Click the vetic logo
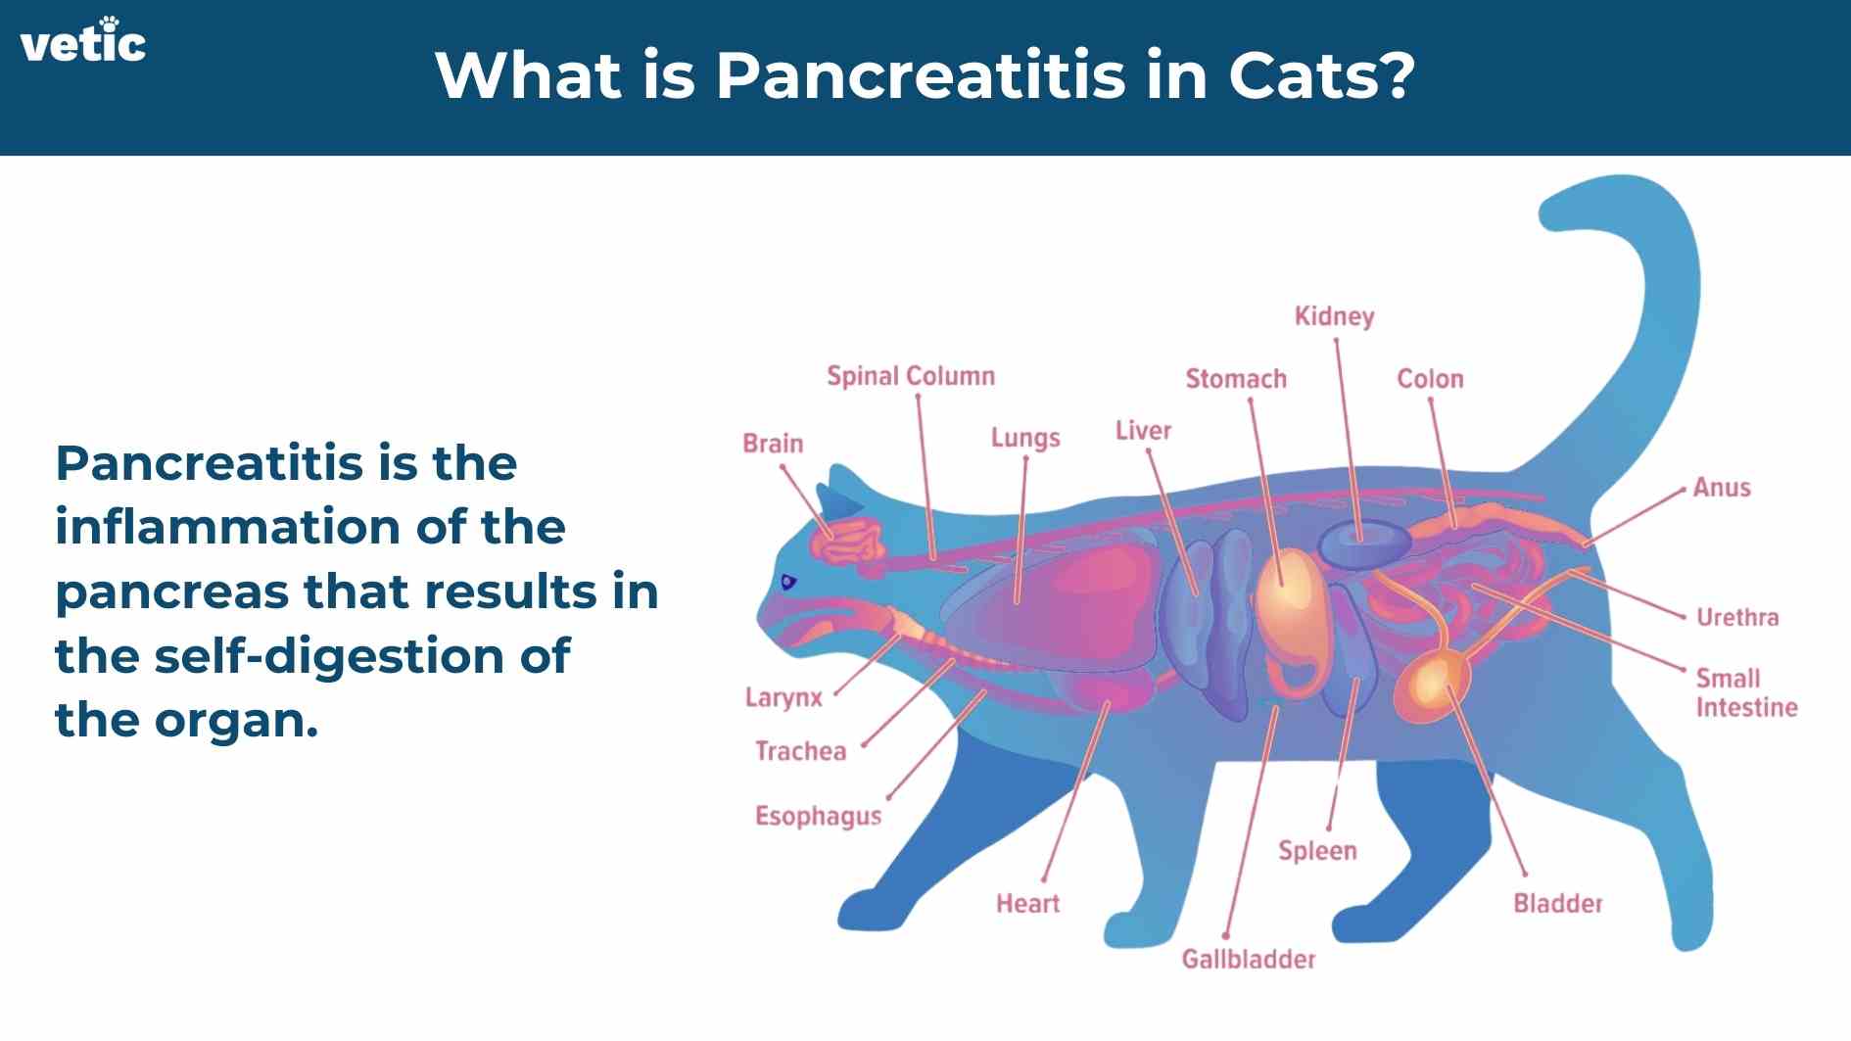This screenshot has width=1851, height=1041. (x=83, y=40)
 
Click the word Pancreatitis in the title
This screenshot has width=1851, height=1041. (x=921, y=74)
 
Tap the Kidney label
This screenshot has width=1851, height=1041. (x=1334, y=316)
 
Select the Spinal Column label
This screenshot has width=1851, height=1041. (x=911, y=376)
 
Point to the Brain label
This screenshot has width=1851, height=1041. (x=773, y=444)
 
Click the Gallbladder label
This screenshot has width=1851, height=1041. (x=1249, y=959)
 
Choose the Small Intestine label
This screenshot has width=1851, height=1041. (x=1746, y=692)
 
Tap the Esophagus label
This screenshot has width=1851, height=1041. (x=818, y=817)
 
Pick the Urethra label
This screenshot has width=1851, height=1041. (x=1737, y=617)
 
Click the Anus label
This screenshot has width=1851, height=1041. (x=1722, y=488)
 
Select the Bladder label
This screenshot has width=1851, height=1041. (x=1557, y=903)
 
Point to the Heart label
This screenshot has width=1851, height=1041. (x=1027, y=903)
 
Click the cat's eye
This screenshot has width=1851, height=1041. (x=788, y=583)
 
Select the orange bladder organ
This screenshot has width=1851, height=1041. (x=1432, y=686)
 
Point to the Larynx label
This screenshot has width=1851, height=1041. (x=783, y=698)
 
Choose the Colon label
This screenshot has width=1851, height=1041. (x=1430, y=379)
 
